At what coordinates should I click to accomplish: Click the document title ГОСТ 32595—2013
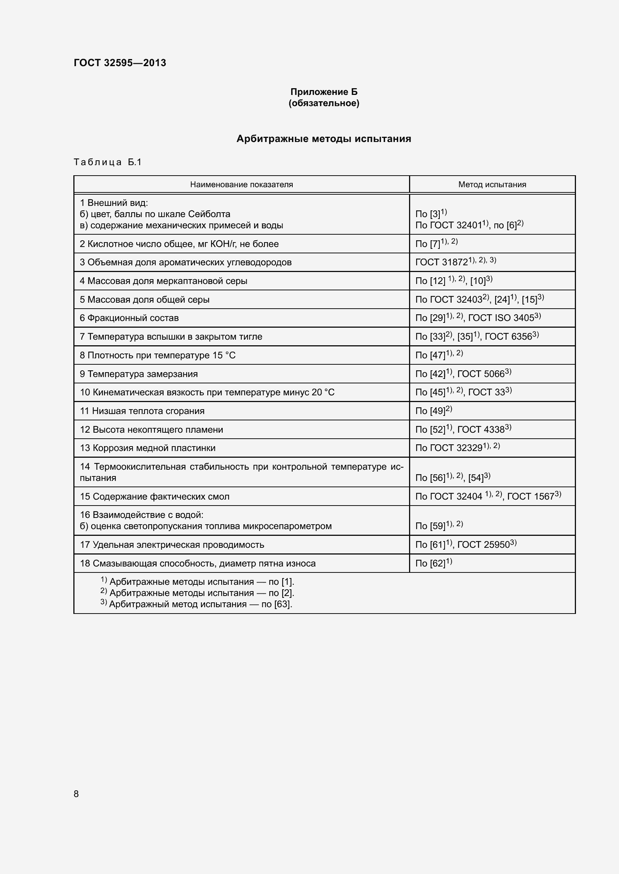tap(120, 63)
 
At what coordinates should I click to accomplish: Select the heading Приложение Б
tap(324, 92)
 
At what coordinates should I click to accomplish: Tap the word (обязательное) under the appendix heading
tap(324, 103)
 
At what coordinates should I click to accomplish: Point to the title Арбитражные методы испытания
tap(324, 139)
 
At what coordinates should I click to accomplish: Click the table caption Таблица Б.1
tap(107, 162)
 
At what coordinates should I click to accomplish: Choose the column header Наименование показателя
tap(241, 185)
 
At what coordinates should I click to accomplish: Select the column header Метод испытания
tap(492, 185)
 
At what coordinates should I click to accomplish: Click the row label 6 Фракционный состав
tap(129, 318)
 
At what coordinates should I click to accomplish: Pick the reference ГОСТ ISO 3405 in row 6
tap(501, 318)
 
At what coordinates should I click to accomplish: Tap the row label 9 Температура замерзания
tap(139, 374)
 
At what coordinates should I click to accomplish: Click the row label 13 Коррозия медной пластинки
tap(147, 448)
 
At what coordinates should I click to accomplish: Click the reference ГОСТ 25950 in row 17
tap(483, 545)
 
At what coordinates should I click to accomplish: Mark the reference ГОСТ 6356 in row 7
tap(509, 337)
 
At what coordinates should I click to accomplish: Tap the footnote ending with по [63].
tap(197, 604)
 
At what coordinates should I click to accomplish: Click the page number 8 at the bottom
tap(76, 794)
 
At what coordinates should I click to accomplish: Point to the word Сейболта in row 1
tap(209, 214)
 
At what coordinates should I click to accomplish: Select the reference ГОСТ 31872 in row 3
tap(441, 262)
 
